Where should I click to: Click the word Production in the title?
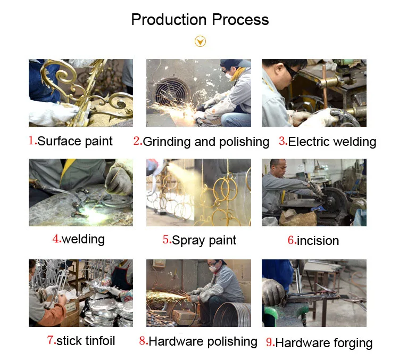pyautogui.click(x=169, y=20)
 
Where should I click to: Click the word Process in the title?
pyautogui.click(x=240, y=20)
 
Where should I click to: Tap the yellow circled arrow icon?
pyautogui.click(x=200, y=42)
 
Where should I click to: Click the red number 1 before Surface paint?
pyautogui.click(x=31, y=141)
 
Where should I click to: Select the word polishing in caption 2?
pyautogui.click(x=244, y=142)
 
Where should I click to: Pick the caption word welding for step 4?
pyautogui.click(x=83, y=239)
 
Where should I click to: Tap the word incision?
pyautogui.click(x=318, y=241)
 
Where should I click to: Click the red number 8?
pyautogui.click(x=143, y=341)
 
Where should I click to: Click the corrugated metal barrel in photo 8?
pyautogui.click(x=232, y=315)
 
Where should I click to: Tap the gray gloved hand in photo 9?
pyautogui.click(x=273, y=291)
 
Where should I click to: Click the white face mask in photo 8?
pyautogui.click(x=213, y=269)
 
